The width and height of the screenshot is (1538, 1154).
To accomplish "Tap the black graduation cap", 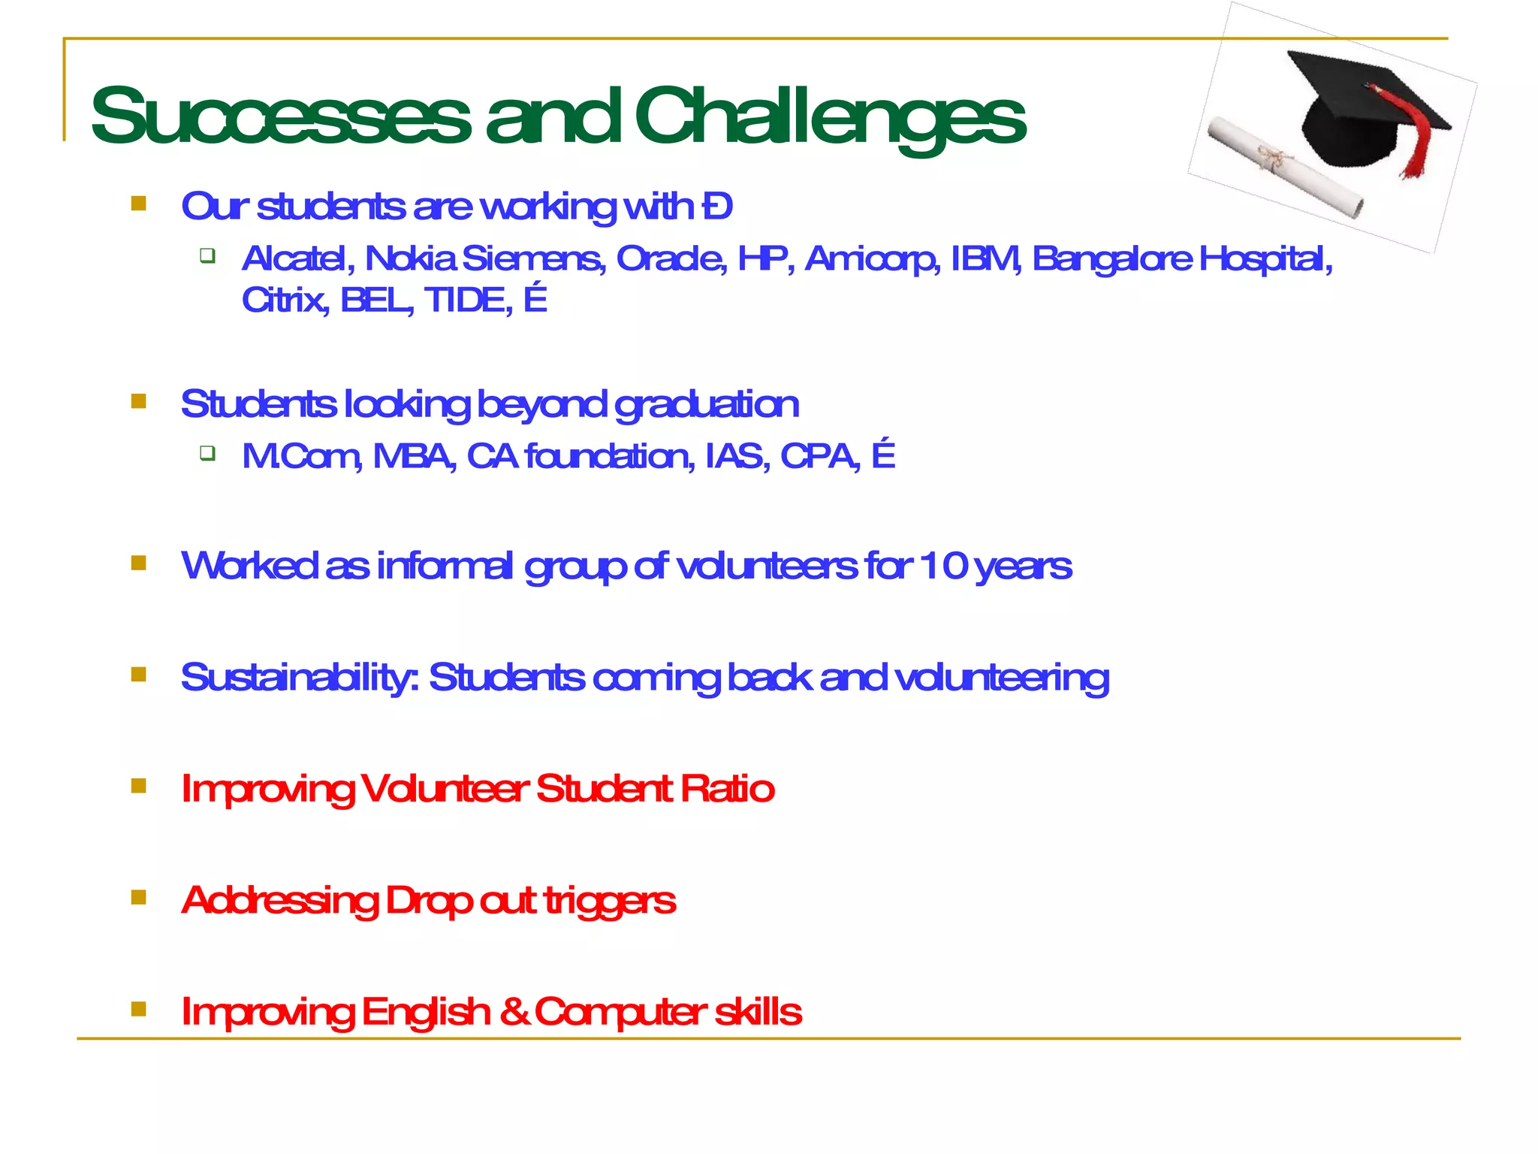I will [x=1359, y=113].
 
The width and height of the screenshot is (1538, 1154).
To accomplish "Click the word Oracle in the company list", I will [x=671, y=258].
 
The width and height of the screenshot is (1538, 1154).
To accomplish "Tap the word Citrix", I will [x=284, y=300].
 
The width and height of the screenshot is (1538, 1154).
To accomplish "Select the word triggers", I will [x=609, y=901].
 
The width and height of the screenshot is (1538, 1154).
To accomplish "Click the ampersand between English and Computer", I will [x=514, y=1011].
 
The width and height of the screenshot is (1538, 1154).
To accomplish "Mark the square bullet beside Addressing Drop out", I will [x=138, y=897].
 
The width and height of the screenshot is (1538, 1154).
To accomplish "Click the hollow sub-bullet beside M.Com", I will [x=208, y=453].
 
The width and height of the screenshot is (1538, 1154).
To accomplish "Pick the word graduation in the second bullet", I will [x=706, y=405].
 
